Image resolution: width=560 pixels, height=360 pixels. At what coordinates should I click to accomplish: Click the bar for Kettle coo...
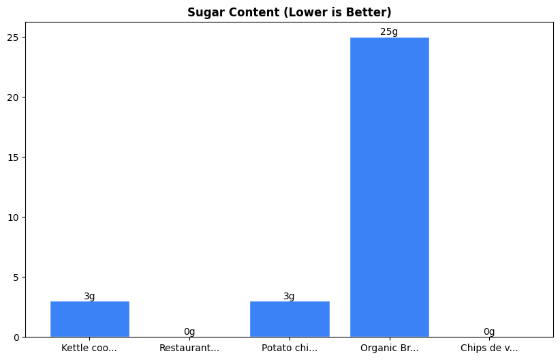[x=89, y=319]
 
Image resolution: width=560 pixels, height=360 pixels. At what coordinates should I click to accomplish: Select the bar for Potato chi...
[x=290, y=319]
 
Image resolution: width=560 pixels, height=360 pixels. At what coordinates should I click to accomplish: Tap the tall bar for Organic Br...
[x=389, y=187]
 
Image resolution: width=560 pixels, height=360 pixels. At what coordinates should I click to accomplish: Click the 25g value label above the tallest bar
[x=389, y=32]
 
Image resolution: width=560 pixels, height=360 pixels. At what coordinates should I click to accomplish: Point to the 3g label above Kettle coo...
[x=89, y=296]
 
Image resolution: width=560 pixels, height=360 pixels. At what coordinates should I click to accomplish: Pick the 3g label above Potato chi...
[x=290, y=296]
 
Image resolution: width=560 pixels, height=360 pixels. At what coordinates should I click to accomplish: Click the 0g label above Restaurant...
[x=189, y=332]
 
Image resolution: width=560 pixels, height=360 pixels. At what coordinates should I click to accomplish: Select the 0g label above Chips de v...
[x=489, y=332]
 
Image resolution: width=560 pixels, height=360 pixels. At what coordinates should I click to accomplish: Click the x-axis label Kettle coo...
[x=89, y=348]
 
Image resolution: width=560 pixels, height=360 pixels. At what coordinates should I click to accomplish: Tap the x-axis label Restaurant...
[x=189, y=348]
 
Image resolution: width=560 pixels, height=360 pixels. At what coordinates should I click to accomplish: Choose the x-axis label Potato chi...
[x=290, y=348]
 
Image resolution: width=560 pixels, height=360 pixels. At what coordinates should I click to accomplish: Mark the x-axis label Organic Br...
[x=389, y=348]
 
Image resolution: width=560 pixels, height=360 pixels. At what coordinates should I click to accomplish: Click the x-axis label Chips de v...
[x=489, y=348]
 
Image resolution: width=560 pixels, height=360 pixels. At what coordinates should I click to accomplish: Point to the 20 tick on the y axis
[x=16, y=97]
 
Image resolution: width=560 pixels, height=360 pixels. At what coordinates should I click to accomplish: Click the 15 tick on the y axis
[x=16, y=157]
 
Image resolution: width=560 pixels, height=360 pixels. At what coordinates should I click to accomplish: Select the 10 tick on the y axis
[x=16, y=217]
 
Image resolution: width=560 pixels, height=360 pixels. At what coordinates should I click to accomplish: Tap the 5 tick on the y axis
[x=18, y=277]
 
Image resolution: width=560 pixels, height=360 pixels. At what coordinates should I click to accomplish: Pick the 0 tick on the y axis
[x=18, y=337]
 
